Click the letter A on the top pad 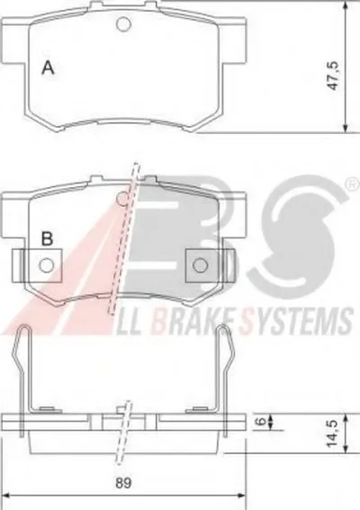[49, 67]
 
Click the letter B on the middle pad [48, 238]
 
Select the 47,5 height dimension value [334, 76]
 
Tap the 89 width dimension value [124, 482]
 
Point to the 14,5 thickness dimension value [333, 433]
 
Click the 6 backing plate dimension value [261, 422]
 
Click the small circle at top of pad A [123, 23]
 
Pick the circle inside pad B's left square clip [46, 265]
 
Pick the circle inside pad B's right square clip [200, 265]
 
